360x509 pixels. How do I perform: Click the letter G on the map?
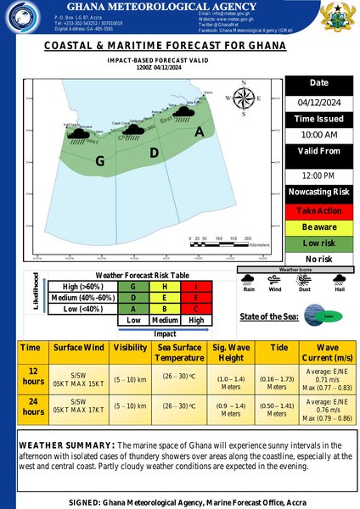pyautogui.click(x=100, y=160)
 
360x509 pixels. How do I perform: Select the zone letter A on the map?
pyautogui.click(x=200, y=131)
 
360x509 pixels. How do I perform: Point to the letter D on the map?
pyautogui.click(x=154, y=153)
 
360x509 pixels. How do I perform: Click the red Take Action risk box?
pyautogui.click(x=320, y=210)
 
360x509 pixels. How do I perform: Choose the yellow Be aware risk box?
pyautogui.click(x=320, y=227)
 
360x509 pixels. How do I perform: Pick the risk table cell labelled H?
pyautogui.click(x=161, y=287)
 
